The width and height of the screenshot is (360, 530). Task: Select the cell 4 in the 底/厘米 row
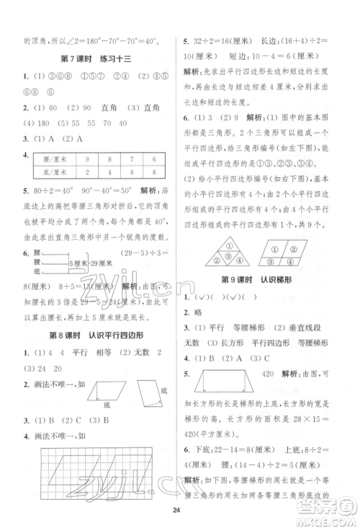(109, 173)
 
